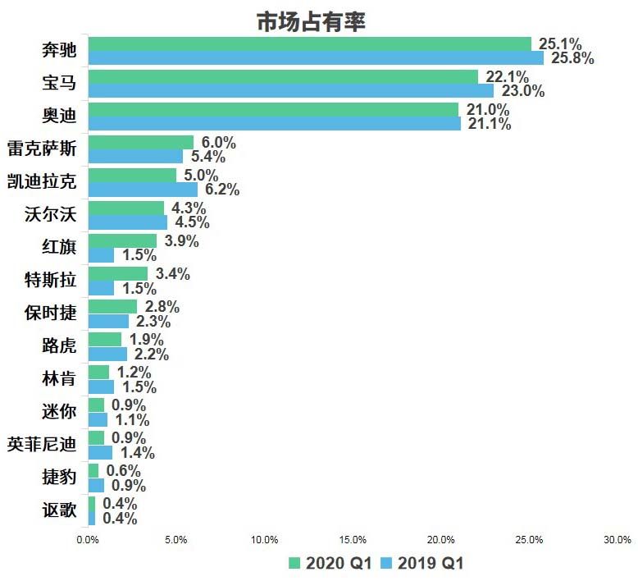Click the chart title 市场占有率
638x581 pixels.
311,21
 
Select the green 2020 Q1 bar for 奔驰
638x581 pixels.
309,44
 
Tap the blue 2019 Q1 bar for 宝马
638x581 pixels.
290,90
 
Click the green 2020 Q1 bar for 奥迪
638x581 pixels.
272,110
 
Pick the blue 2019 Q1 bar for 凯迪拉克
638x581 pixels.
143,189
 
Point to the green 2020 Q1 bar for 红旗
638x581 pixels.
122,241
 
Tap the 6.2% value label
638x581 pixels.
221,190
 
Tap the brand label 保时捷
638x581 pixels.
51,313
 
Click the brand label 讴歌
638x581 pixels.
59,510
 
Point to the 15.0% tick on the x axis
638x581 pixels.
353,539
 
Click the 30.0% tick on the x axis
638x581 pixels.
617,539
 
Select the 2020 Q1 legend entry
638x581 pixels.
330,563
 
